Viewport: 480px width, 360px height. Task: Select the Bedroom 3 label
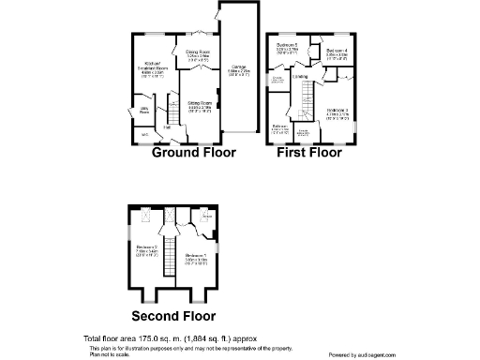[x=337, y=113]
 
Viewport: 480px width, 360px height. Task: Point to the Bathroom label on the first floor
[x=279, y=127]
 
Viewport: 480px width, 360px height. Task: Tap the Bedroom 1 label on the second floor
[x=196, y=257]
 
